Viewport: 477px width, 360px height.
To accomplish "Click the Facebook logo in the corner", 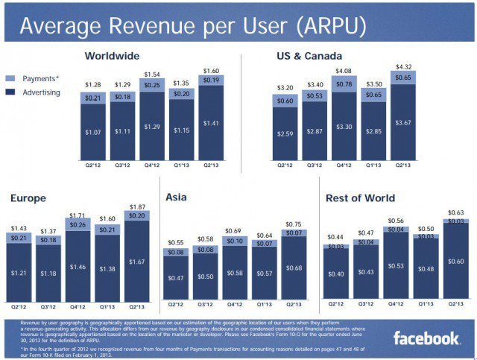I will point(427,339).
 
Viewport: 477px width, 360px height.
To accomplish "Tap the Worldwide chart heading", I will point(112,56).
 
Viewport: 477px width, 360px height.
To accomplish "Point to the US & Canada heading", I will point(303,56).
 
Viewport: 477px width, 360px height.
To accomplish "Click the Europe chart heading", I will point(28,198).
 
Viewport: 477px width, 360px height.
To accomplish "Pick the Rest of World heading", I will point(360,198).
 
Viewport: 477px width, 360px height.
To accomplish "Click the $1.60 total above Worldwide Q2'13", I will point(212,70).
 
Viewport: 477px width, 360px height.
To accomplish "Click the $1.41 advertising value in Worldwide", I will point(212,123).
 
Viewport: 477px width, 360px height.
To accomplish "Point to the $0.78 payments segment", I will point(345,84).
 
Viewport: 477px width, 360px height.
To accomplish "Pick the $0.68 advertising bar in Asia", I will point(294,268).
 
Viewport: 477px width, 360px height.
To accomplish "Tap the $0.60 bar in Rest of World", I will point(455,262).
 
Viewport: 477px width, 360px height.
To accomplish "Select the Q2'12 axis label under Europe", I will point(20,306).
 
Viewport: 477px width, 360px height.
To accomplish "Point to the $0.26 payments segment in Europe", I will point(78,224).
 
